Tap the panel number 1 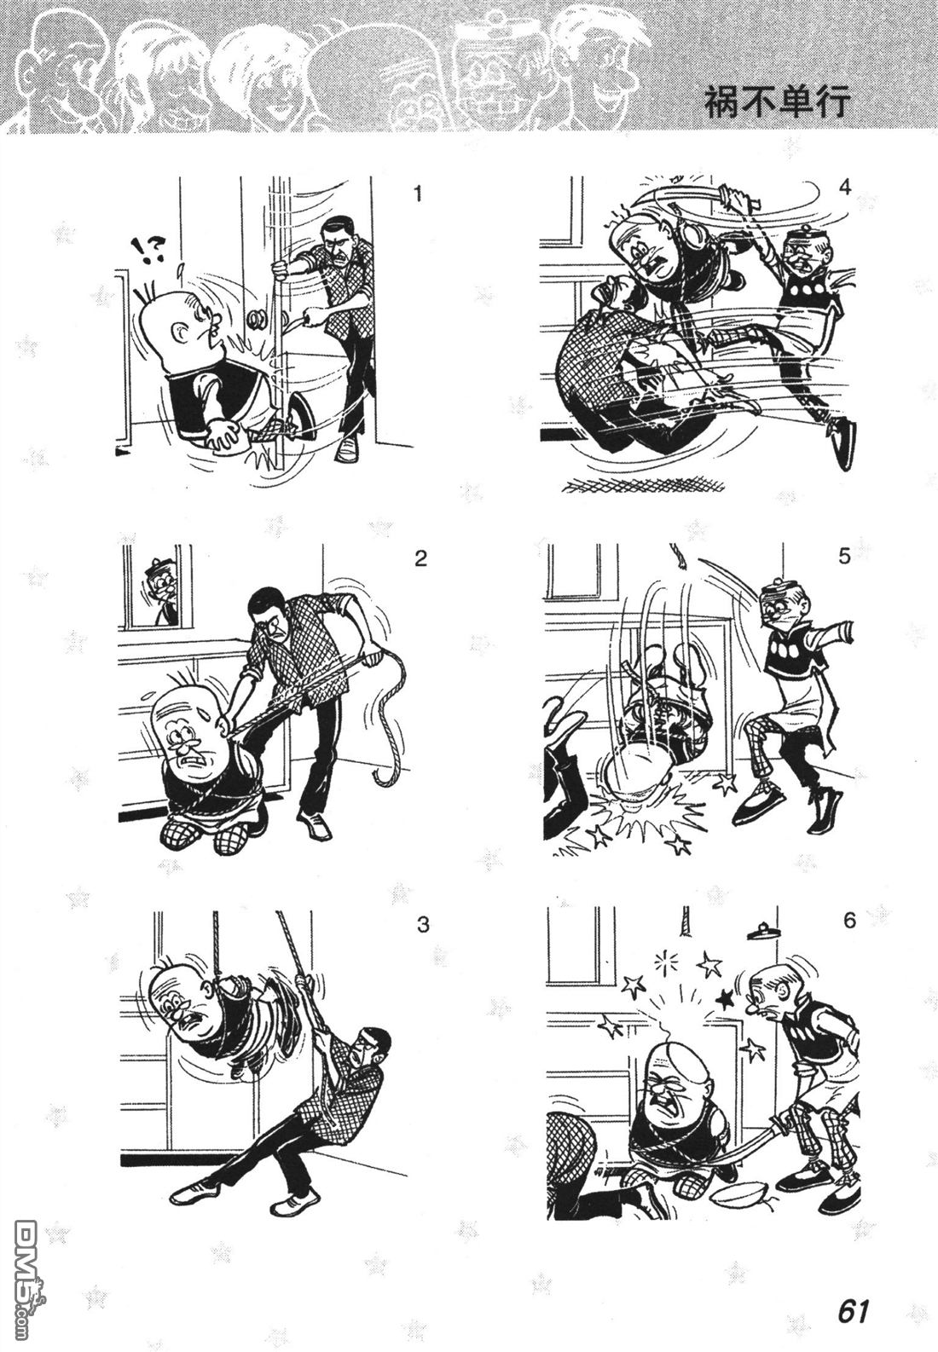point(418,194)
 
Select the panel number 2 point(420,558)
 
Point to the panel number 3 point(423,924)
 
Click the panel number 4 point(845,188)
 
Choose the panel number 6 point(849,921)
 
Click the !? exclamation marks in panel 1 point(149,249)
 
